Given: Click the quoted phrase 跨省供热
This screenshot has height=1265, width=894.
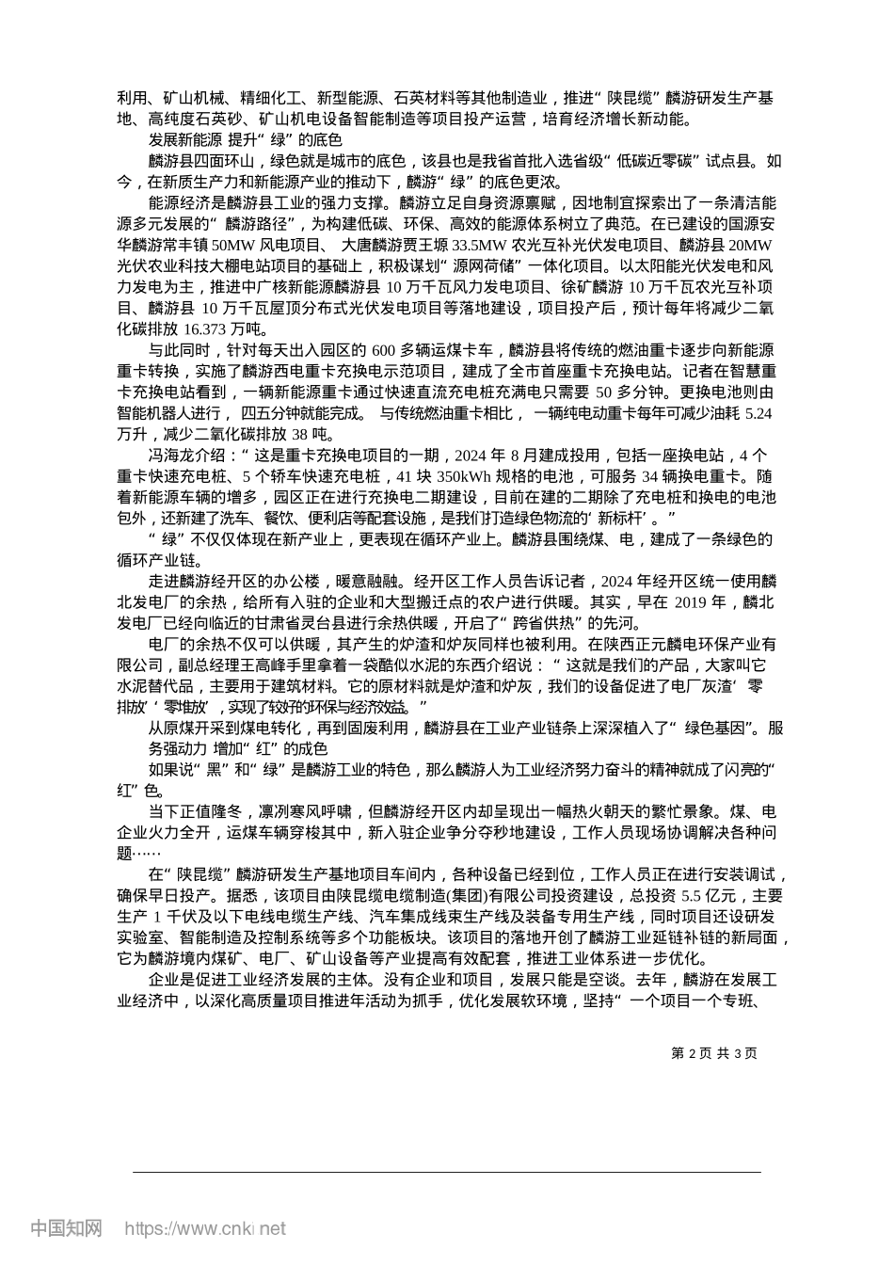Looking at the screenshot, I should click(x=536, y=623).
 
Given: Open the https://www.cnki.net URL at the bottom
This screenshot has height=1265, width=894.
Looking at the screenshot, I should click(x=204, y=1228).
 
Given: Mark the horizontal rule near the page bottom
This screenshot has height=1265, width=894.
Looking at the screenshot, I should click(x=446, y=1172).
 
